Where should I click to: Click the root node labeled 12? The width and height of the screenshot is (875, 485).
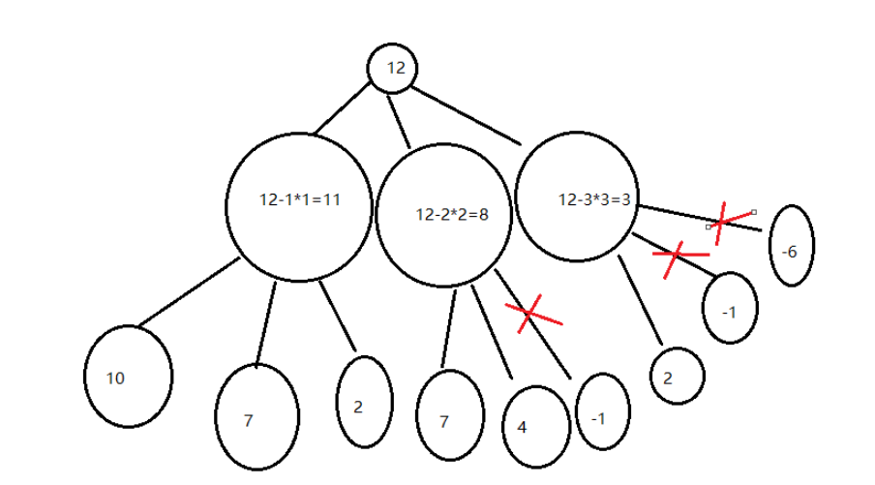[392, 68]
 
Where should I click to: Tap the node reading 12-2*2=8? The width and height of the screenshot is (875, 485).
[443, 215]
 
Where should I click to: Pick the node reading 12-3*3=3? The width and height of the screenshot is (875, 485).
[579, 197]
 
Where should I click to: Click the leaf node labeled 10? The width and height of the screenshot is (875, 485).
[128, 377]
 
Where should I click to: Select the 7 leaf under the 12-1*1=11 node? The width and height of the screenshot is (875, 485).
[256, 418]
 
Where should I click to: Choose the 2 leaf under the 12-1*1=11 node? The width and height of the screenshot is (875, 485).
[364, 403]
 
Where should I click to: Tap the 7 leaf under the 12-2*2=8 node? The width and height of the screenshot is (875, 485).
[448, 416]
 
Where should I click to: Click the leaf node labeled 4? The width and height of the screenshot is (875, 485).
[535, 426]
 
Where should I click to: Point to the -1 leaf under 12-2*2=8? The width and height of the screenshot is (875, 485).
[602, 413]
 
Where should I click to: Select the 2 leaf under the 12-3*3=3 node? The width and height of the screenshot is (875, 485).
[678, 376]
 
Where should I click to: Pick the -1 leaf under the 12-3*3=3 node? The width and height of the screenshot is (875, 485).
[731, 309]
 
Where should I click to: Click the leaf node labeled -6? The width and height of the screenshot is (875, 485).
[791, 246]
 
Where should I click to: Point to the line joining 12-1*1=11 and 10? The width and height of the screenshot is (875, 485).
[188, 292]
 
